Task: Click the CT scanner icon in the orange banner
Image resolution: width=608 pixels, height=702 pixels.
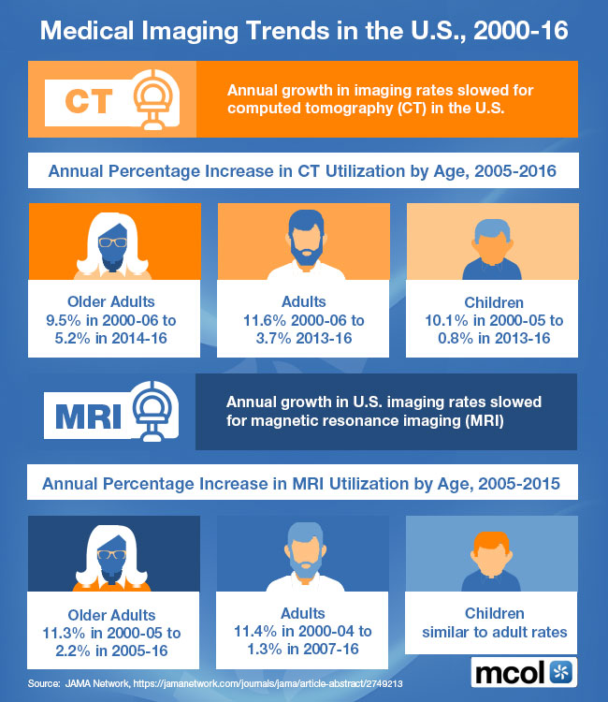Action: point(154,97)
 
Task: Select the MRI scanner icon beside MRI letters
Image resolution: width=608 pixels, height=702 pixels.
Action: point(154,412)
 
